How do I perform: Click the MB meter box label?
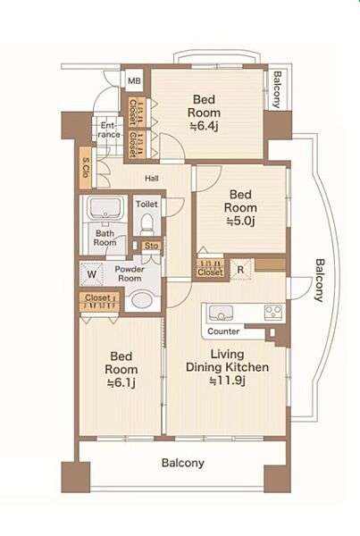(x=134, y=81)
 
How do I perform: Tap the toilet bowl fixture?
(x=147, y=222)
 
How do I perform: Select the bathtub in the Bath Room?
(x=105, y=207)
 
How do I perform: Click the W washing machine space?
(x=91, y=274)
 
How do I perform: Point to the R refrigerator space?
(x=240, y=270)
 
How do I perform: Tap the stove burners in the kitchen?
(x=273, y=312)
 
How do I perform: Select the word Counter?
(x=223, y=331)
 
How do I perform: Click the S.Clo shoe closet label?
(x=86, y=168)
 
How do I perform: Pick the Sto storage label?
(x=152, y=246)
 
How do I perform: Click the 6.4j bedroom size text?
(x=204, y=127)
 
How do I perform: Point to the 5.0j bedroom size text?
(x=240, y=222)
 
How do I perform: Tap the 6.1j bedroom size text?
(x=121, y=383)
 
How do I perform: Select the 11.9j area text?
(x=228, y=381)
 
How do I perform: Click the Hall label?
(x=152, y=178)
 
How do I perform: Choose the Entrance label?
(x=109, y=130)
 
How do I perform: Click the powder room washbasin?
(x=142, y=300)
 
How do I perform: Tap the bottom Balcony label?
(x=183, y=463)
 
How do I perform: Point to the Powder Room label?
(x=130, y=274)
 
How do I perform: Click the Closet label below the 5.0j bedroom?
(x=211, y=272)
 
